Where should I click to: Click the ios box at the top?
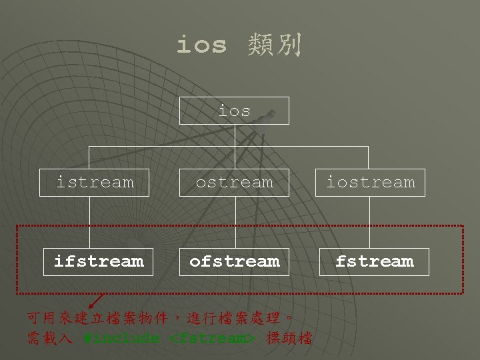coord(235,111)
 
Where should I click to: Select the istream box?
coord(95,181)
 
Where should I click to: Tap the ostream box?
coord(235,181)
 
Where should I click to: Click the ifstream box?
coord(99,261)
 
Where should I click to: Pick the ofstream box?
coord(235,261)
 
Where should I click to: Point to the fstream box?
coord(374,261)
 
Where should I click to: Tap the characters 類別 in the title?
coord(274,45)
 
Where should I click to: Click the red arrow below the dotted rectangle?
coord(97,303)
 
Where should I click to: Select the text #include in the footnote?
coord(122,338)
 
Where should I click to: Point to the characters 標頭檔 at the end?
coord(289,338)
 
